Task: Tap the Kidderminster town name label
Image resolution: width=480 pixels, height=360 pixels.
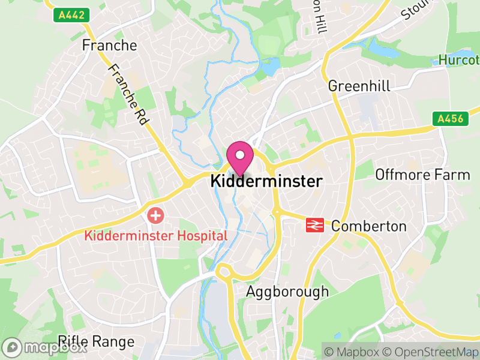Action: (266, 181)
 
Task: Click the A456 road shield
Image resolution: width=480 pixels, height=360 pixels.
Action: (449, 119)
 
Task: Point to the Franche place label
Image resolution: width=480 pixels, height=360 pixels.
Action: (109, 45)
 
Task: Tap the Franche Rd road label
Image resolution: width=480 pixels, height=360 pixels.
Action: (128, 95)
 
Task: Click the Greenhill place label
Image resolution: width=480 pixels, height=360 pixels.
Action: (359, 86)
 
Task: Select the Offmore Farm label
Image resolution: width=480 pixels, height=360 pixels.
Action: (422, 175)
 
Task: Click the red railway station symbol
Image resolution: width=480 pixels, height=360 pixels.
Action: (315, 225)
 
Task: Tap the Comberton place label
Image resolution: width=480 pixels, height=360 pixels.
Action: (368, 226)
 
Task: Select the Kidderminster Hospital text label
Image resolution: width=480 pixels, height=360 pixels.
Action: (156, 235)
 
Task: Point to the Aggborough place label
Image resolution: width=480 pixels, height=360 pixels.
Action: (288, 292)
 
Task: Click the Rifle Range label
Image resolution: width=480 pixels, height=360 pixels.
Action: (96, 342)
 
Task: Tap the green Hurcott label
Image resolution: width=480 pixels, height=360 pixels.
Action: (459, 60)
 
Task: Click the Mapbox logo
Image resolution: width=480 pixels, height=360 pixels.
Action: (45, 347)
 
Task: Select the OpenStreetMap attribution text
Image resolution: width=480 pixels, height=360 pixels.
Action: (431, 352)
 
